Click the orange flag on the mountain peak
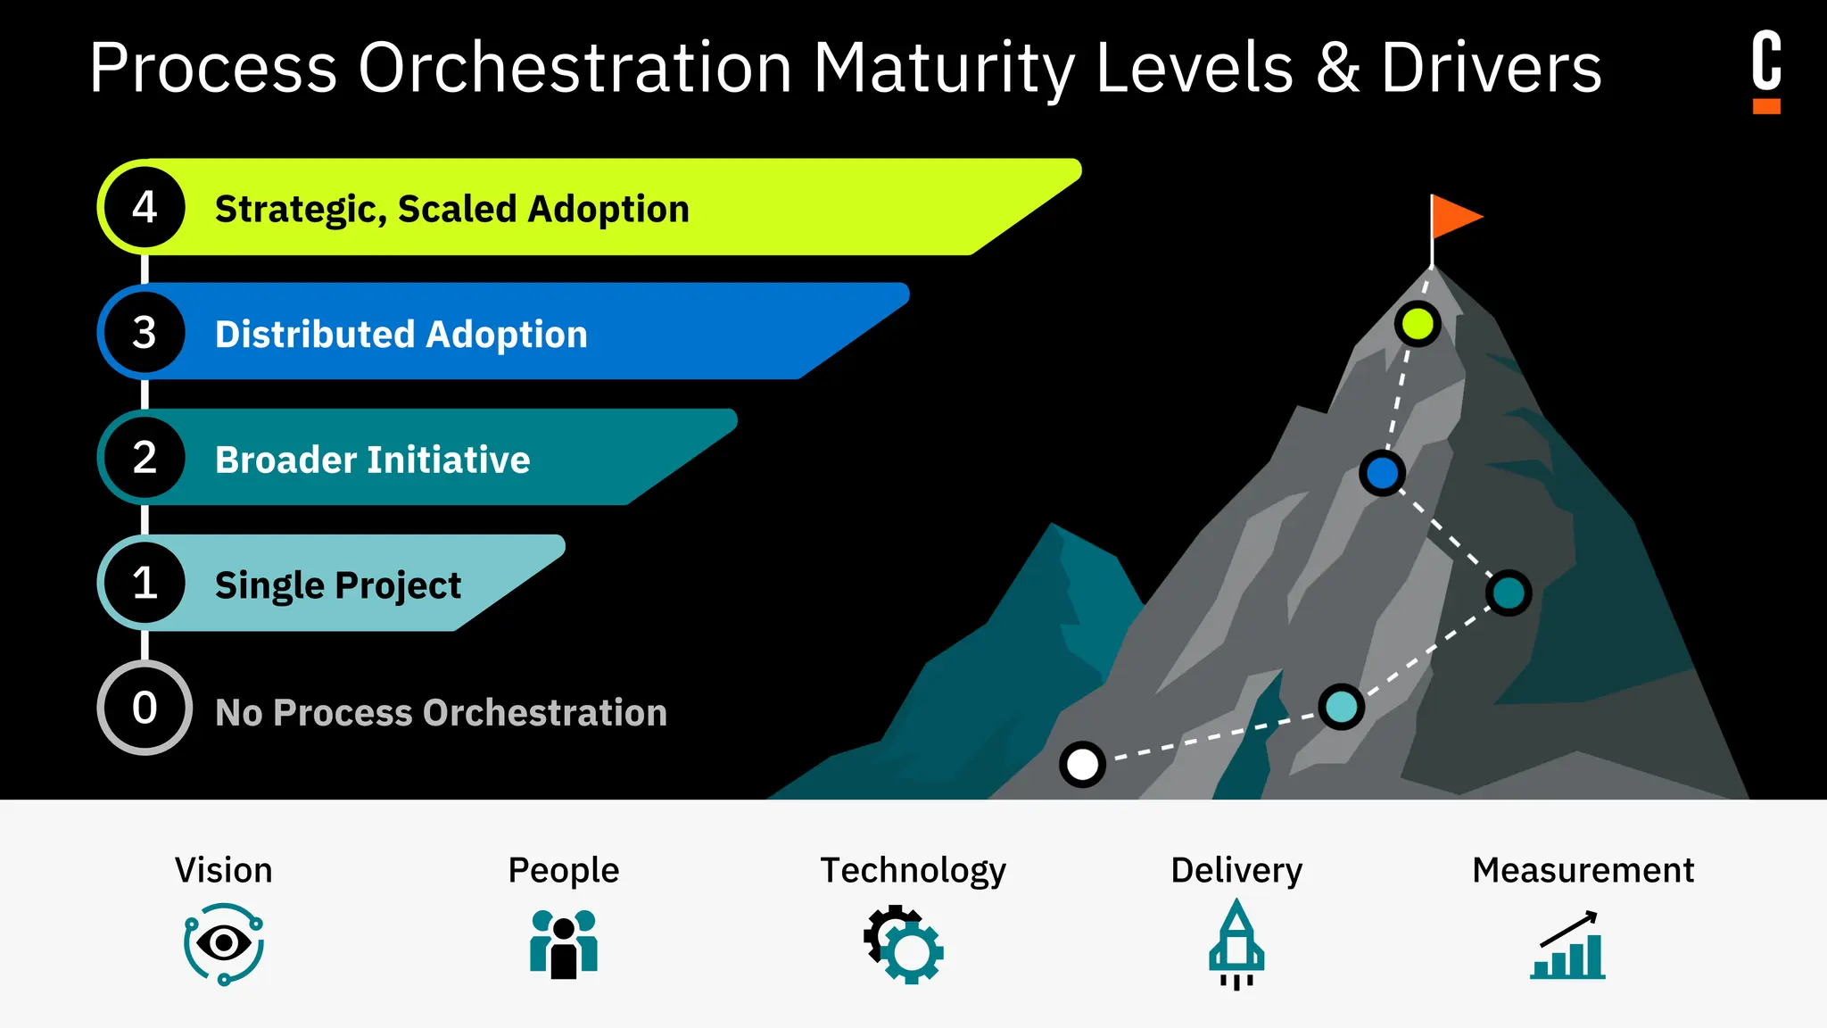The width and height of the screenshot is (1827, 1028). click(1454, 217)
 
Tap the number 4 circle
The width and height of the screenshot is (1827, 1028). click(145, 207)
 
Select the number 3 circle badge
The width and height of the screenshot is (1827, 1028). click(145, 332)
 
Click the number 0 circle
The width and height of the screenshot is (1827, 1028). click(145, 708)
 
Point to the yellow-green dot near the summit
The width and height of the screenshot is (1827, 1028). click(1418, 323)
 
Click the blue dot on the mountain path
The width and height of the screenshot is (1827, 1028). click(1382, 473)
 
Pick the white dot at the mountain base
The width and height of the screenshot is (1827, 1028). click(1082, 765)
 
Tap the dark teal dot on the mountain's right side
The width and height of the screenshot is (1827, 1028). click(1509, 593)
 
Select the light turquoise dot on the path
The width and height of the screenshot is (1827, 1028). click(1341, 707)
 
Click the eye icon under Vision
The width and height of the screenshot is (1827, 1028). click(224, 943)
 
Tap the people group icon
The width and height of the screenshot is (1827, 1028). click(564, 944)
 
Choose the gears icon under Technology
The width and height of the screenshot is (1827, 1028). click(904, 945)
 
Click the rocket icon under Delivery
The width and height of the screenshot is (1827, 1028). click(1236, 944)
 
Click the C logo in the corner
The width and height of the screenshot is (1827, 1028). click(1766, 70)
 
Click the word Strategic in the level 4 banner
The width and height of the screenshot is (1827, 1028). click(300, 210)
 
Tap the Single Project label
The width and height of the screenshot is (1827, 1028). click(338, 585)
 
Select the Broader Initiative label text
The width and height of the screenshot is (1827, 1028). click(372, 460)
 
